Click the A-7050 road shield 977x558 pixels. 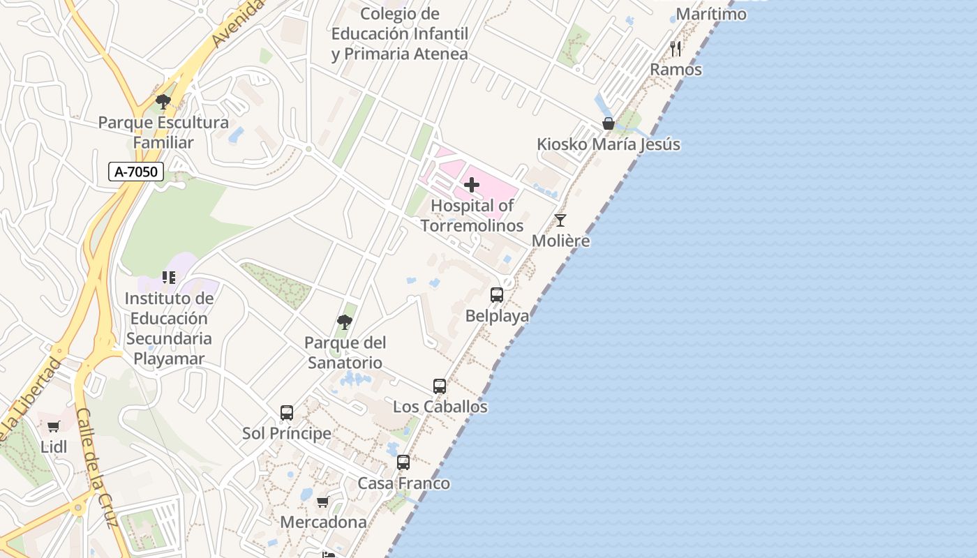pos(136,172)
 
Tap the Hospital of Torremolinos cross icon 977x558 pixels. pos(472,185)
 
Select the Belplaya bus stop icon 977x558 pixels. pos(497,294)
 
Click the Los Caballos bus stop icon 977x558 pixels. pos(440,386)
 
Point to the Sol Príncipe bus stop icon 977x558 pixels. pos(287,412)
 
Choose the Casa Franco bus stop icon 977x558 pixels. pos(403,462)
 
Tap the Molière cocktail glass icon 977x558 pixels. pos(560,220)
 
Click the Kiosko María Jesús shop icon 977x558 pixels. pos(609,123)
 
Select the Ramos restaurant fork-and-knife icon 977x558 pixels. pos(676,48)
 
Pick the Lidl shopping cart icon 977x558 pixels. pos(54,426)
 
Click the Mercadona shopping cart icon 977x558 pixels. pos(323,502)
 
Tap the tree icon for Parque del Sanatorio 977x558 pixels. pos(345,322)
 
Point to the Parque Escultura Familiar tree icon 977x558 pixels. pos(163,102)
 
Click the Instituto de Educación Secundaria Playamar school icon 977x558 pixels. pos(168,278)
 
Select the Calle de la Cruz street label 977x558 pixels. pos(95,467)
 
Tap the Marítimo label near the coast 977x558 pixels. pos(711,13)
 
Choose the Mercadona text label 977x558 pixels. pos(323,522)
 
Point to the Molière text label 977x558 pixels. pos(560,241)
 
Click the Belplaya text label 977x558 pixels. pos(497,315)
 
